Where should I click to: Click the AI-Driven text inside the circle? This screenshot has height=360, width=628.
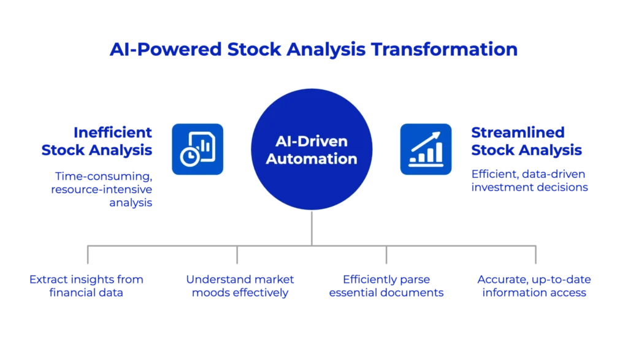pyautogui.click(x=311, y=142)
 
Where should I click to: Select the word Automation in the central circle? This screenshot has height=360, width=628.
pyautogui.click(x=312, y=159)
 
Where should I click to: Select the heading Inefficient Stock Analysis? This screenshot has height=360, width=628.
pyautogui.click(x=115, y=140)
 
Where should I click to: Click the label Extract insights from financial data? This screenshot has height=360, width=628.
pyautogui.click(x=87, y=286)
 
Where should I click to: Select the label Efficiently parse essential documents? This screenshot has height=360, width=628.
pyautogui.click(x=386, y=286)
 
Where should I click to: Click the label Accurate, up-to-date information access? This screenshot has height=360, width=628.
pyautogui.click(x=535, y=286)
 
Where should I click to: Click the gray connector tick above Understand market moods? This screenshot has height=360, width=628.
pyautogui.click(x=238, y=256)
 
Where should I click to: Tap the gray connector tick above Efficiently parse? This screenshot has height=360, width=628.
pyautogui.click(x=385, y=256)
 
